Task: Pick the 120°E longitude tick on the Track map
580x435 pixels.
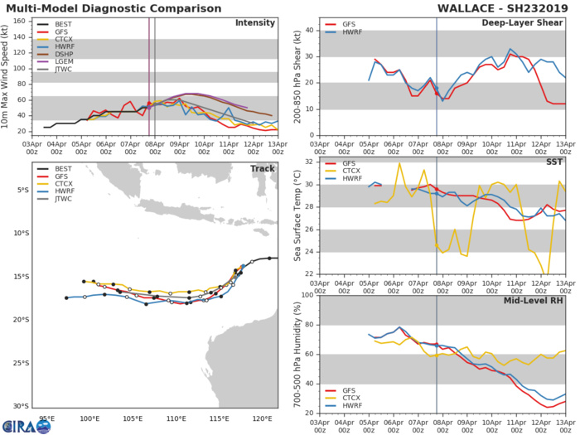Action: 263,418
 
